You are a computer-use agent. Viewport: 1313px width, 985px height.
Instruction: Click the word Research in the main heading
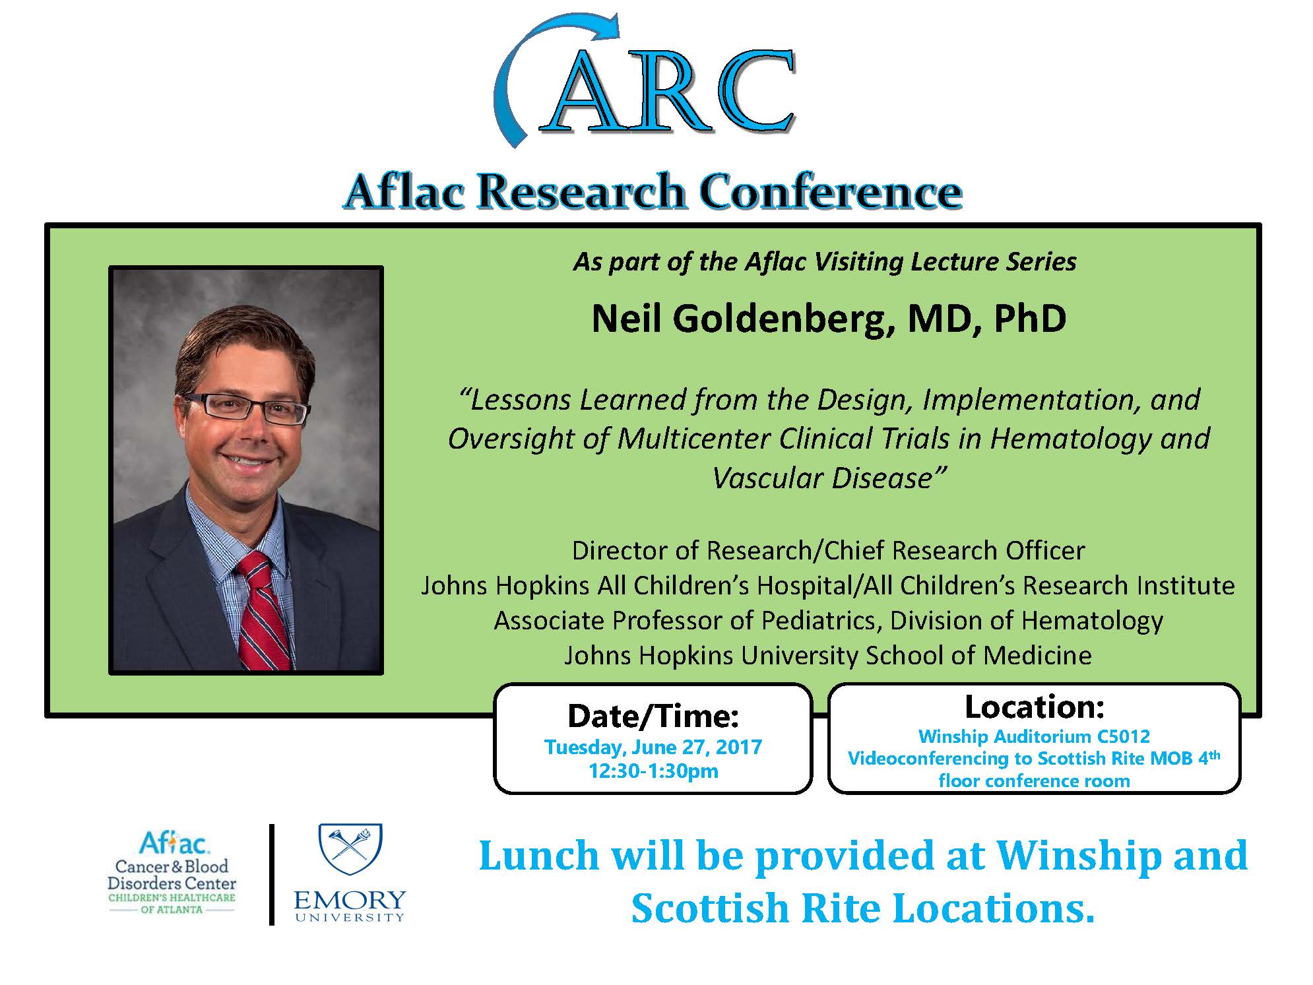[583, 192]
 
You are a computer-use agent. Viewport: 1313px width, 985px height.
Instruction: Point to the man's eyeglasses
[245, 407]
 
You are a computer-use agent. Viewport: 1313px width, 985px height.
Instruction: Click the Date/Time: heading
[653, 716]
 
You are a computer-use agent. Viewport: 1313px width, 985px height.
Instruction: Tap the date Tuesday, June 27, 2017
[653, 747]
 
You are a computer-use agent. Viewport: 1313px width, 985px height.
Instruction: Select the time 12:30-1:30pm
[653, 771]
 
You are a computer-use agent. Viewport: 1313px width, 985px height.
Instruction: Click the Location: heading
[1034, 707]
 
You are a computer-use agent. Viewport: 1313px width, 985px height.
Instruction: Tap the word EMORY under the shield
[350, 900]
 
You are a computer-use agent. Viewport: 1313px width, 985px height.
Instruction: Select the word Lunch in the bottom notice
[539, 856]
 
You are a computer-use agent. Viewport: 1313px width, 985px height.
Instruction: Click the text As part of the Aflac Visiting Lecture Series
[825, 262]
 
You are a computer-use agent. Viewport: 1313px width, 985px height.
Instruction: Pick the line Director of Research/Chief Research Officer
[828, 550]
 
